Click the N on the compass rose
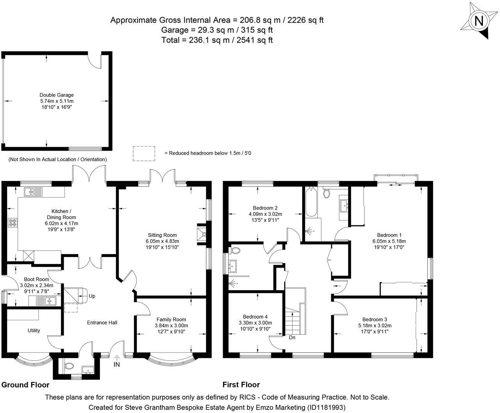[x=479, y=21]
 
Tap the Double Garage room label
[x=57, y=95]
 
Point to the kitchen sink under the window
[x=33, y=192]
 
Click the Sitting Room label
[x=162, y=235]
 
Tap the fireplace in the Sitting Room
[x=201, y=234]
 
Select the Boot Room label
[x=36, y=279]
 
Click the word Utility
[x=34, y=330]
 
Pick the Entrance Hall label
[x=102, y=323]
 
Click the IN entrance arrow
[x=117, y=358]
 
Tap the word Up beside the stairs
[x=92, y=296]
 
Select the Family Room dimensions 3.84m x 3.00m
[x=171, y=325]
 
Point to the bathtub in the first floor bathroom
[x=311, y=202]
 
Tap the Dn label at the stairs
[x=292, y=338]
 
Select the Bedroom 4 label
[x=255, y=317]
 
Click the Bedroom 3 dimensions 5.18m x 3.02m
[x=375, y=325]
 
